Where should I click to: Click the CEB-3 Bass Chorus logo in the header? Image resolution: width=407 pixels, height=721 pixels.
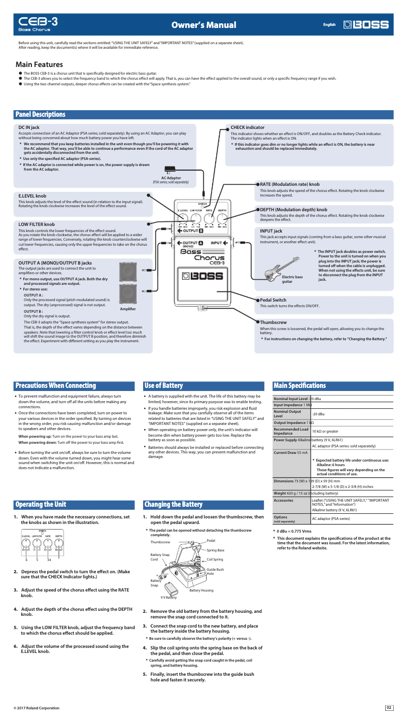coord(38,24)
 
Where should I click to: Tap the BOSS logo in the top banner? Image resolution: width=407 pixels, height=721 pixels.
coord(366,24)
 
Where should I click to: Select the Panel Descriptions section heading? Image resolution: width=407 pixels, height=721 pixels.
coord(41,115)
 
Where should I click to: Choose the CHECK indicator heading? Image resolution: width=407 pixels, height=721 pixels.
coord(247,127)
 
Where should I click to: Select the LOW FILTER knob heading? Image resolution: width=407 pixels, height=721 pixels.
coord(37,224)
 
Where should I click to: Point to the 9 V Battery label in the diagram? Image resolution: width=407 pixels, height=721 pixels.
coord(168,598)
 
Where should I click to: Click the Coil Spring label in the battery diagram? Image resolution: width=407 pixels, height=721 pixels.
coord(215,560)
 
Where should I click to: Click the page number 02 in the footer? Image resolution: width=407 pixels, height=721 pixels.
coord(389,708)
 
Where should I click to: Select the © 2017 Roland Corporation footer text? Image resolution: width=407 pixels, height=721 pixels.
coord(36,708)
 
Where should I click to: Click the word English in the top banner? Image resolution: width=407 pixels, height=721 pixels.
coord(329,24)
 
